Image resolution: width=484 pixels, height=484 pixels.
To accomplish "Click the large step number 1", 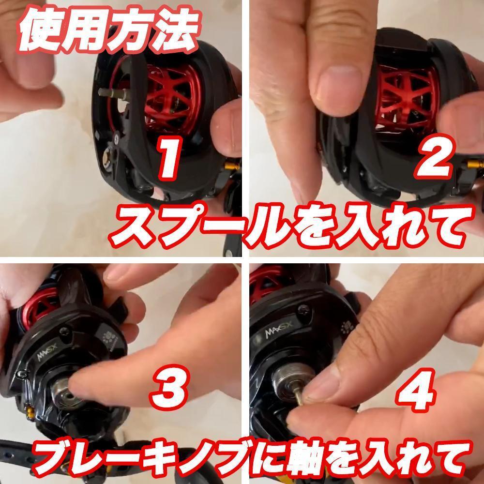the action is (169, 159).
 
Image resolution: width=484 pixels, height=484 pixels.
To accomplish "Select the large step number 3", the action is (169, 387).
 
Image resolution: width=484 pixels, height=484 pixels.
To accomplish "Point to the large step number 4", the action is (417, 390).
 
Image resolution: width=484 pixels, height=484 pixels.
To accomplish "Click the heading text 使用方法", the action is (108, 30).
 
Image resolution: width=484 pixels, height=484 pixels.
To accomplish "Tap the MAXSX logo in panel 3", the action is (47, 352).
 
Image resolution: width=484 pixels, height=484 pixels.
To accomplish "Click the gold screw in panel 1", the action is (232, 166).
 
